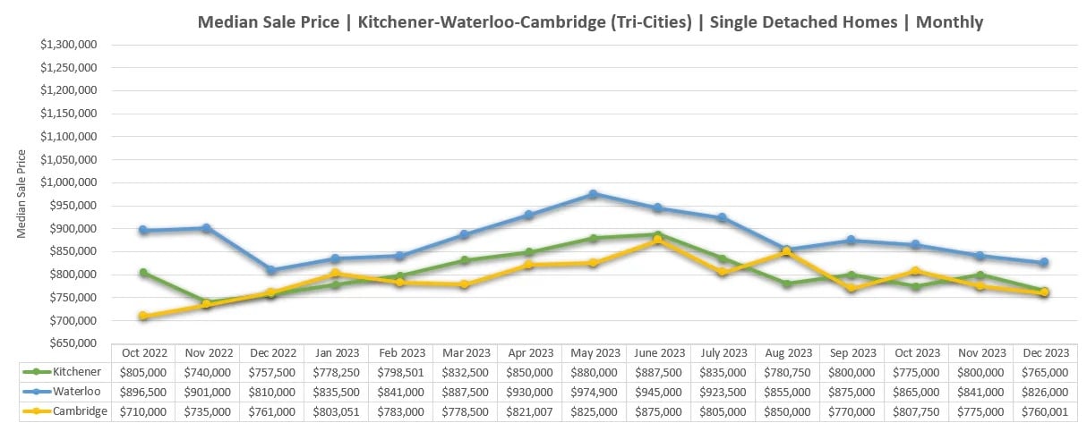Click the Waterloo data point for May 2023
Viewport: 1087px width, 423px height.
tap(593, 194)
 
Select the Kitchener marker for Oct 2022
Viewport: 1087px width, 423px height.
tap(143, 273)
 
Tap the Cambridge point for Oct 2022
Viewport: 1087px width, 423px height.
tap(143, 316)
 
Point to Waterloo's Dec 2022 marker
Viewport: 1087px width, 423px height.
tap(271, 270)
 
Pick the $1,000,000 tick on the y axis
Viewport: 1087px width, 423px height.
tap(78, 182)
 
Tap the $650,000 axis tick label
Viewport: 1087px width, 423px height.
tap(78, 343)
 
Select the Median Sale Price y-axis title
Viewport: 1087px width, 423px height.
tap(21, 194)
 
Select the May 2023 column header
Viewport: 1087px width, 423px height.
tap(593, 353)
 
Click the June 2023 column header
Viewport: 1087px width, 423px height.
tap(657, 353)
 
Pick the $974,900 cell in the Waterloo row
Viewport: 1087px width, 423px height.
tap(593, 392)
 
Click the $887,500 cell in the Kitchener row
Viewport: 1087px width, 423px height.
tap(657, 372)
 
